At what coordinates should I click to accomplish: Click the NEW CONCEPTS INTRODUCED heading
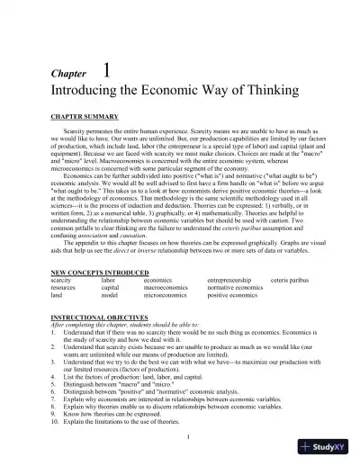coord(97,272)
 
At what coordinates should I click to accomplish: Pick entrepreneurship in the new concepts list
coord(234,280)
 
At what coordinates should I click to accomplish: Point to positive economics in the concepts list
coord(232,294)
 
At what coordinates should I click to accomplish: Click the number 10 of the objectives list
coord(55,421)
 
